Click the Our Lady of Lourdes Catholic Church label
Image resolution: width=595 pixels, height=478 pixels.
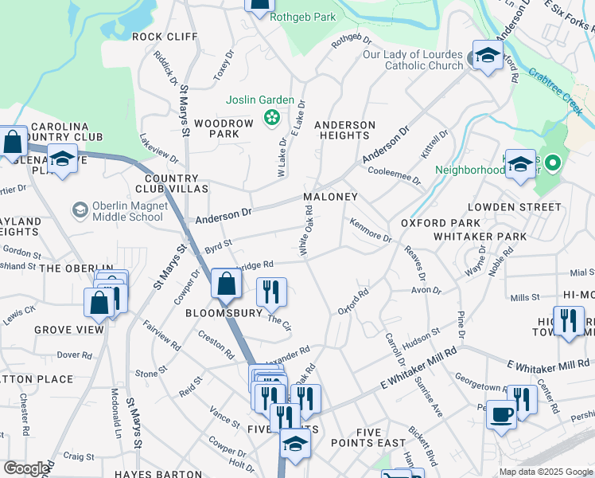pos(413,60)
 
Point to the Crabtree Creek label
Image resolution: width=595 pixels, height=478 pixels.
pos(555,88)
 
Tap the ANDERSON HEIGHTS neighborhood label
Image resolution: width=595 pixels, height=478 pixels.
pos(344,131)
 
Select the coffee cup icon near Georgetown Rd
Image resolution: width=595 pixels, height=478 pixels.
pos(501,416)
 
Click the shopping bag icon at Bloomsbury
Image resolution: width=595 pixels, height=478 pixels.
pos(227,284)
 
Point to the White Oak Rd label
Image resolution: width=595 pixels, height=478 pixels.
pos(305,232)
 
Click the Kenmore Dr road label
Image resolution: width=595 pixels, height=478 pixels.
pos(371,232)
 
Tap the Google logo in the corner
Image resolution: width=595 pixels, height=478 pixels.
pos(26,468)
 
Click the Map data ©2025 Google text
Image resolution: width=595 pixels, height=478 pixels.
pos(545,472)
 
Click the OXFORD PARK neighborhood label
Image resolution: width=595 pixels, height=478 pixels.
pos(440,223)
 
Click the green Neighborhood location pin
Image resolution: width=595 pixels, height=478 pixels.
pos(554,164)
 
